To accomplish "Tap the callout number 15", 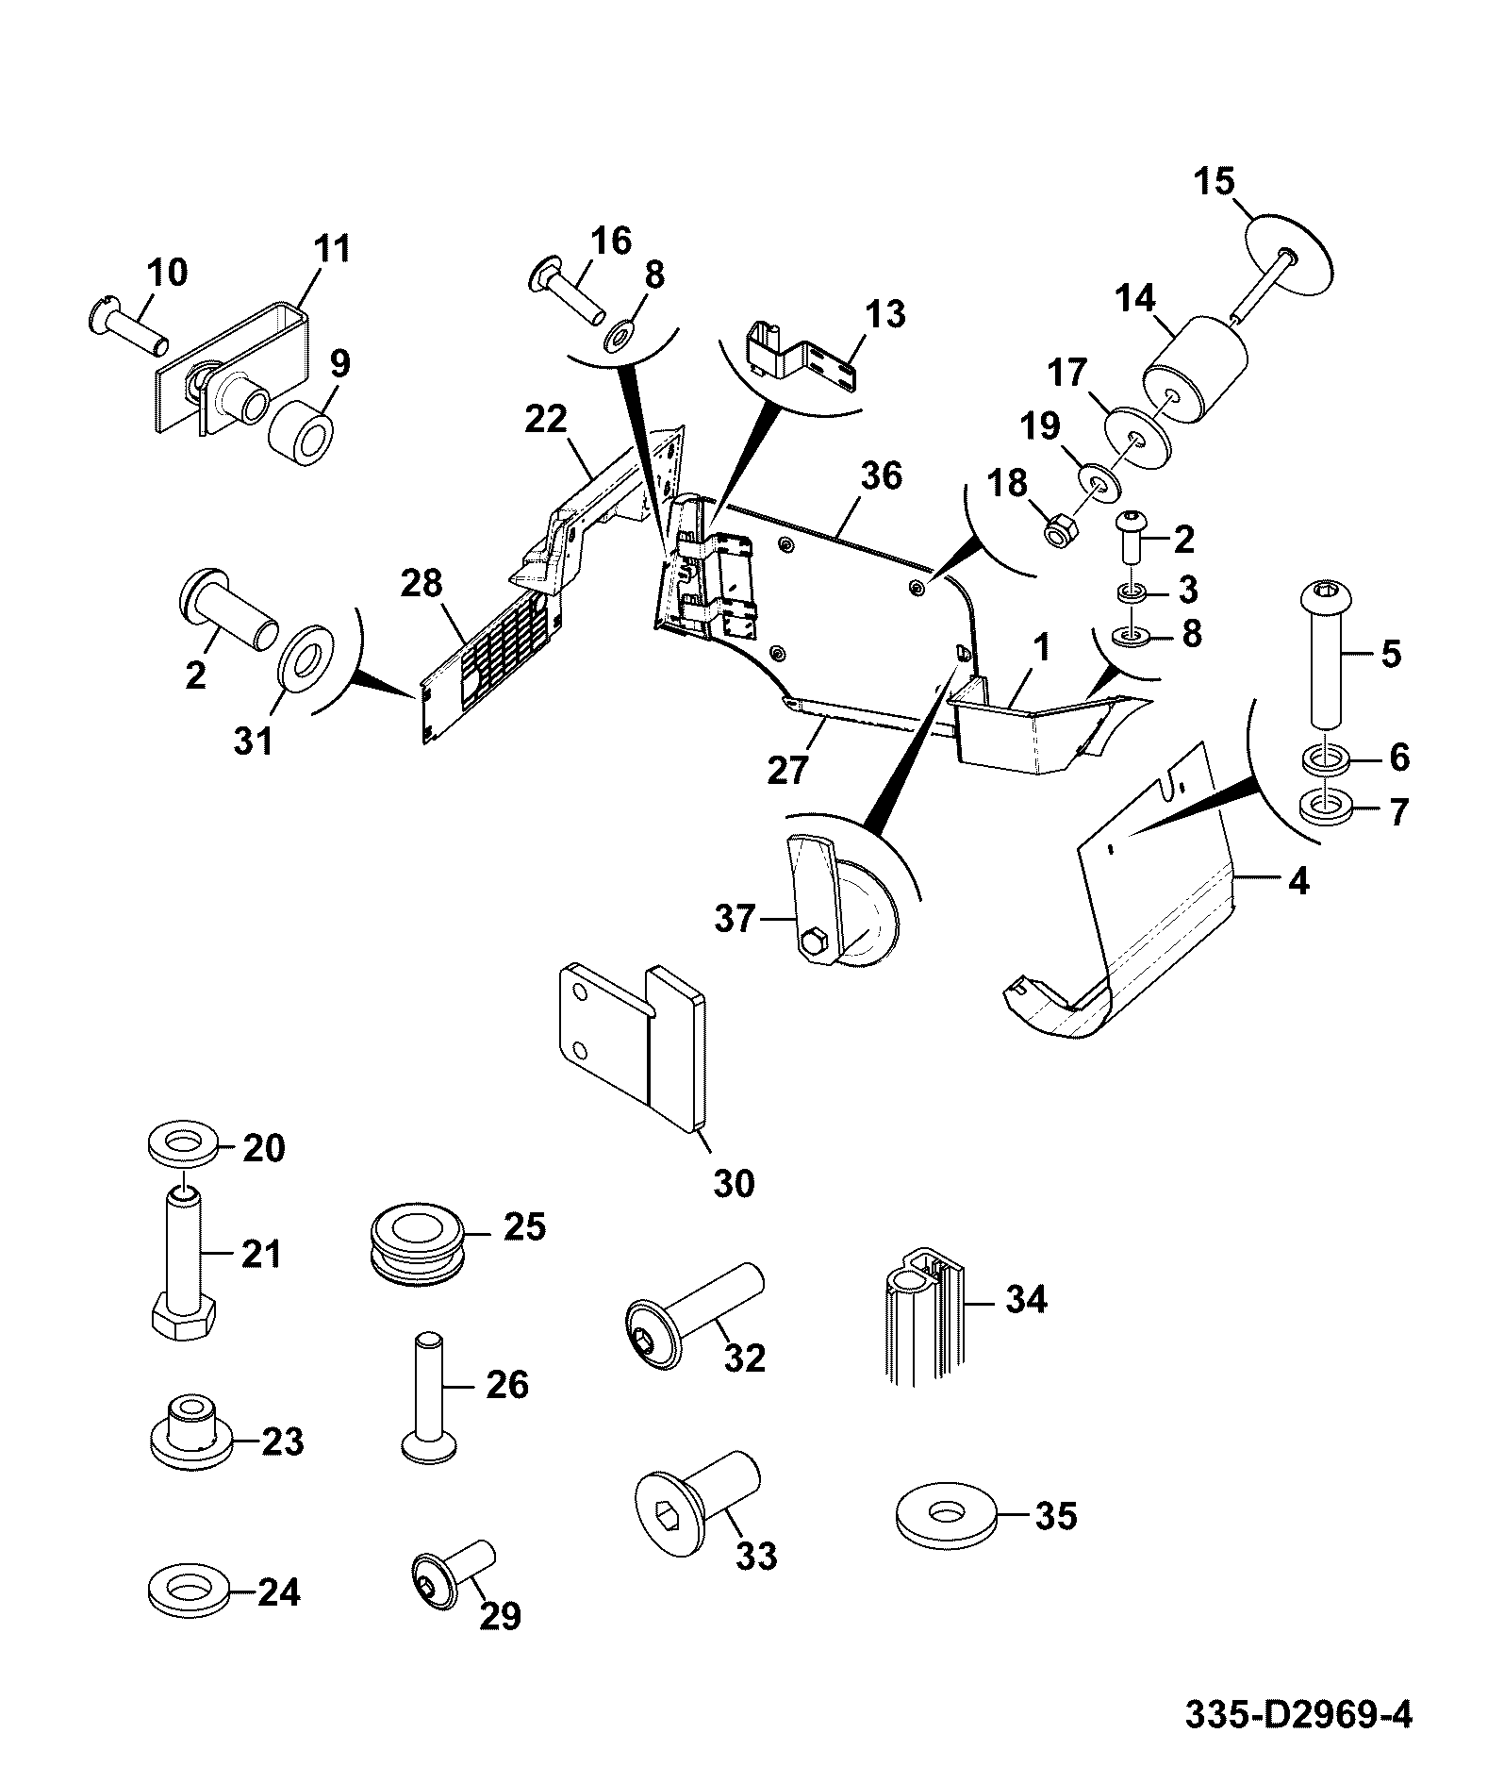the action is tap(1215, 180).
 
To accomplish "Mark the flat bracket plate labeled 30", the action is tap(629, 1044).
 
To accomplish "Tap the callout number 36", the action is tap(881, 475).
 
